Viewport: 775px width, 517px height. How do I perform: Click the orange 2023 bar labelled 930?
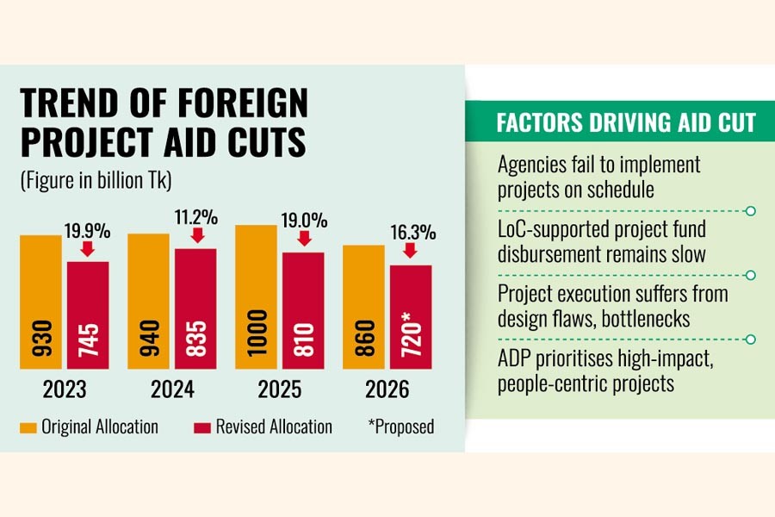tap(41, 302)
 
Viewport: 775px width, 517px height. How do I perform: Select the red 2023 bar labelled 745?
tap(88, 315)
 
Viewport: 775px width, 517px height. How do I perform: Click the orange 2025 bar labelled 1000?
tap(257, 296)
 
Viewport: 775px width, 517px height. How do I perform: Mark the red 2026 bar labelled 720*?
tap(411, 316)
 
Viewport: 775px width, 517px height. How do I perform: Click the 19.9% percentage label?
tap(87, 230)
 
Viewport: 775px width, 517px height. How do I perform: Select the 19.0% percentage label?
tap(304, 221)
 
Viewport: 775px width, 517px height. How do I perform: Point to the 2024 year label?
tap(171, 389)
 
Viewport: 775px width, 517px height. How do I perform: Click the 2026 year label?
tap(387, 389)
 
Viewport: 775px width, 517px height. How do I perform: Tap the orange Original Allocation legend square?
tap(28, 427)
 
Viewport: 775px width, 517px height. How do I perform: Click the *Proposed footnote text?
tap(402, 427)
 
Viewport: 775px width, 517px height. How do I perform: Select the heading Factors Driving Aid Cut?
tap(626, 122)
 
